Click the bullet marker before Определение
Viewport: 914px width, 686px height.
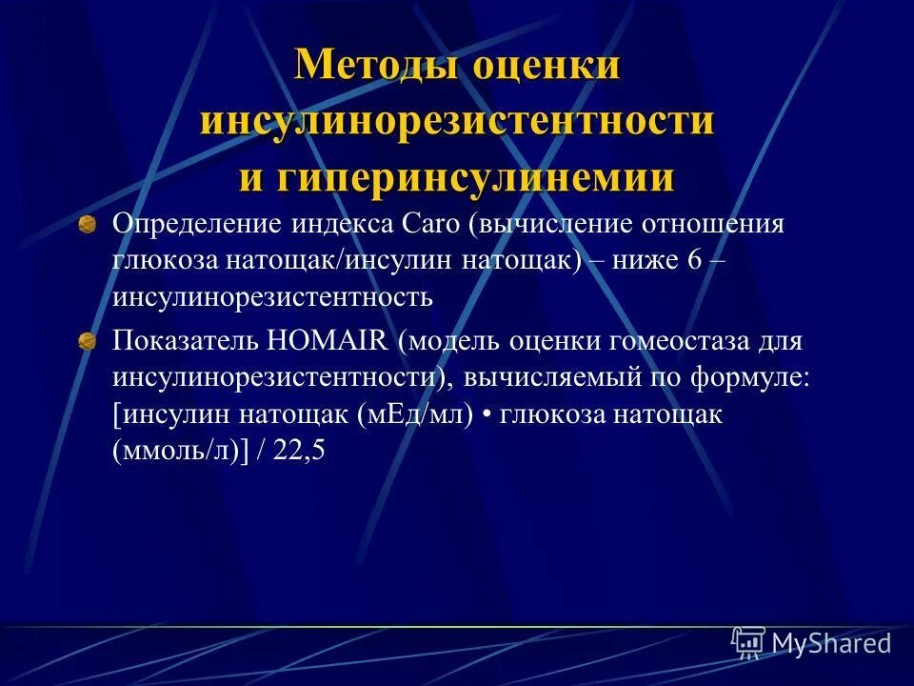tap(87, 225)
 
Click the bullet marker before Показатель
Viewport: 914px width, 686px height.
tap(87, 341)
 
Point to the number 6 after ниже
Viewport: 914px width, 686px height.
tap(692, 261)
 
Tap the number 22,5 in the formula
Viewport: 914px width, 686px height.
tap(299, 452)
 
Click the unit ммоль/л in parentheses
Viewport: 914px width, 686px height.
tap(176, 452)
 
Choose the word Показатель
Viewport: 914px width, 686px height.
tap(185, 341)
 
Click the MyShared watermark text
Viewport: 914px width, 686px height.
tap(830, 644)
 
